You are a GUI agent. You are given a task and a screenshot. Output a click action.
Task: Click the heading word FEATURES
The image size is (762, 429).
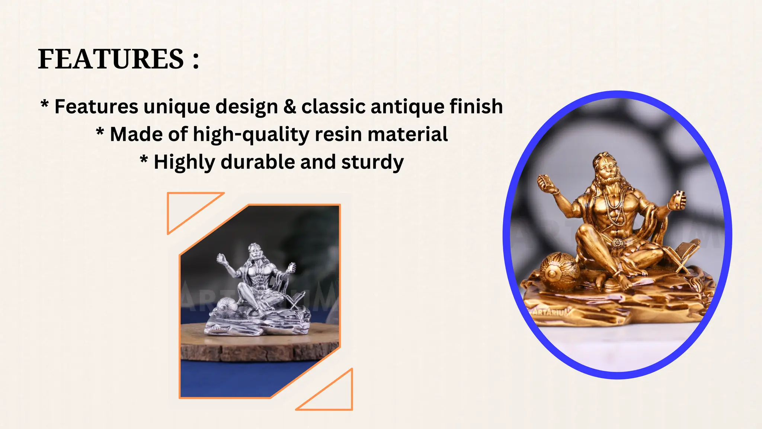111,59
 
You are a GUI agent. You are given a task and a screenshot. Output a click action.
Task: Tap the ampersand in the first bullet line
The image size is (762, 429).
289,107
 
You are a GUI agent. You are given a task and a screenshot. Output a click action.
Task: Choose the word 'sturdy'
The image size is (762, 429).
372,163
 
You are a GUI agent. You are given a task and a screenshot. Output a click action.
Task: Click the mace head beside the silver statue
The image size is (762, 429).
225,306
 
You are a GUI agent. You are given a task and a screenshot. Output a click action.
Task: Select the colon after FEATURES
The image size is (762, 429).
196,60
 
